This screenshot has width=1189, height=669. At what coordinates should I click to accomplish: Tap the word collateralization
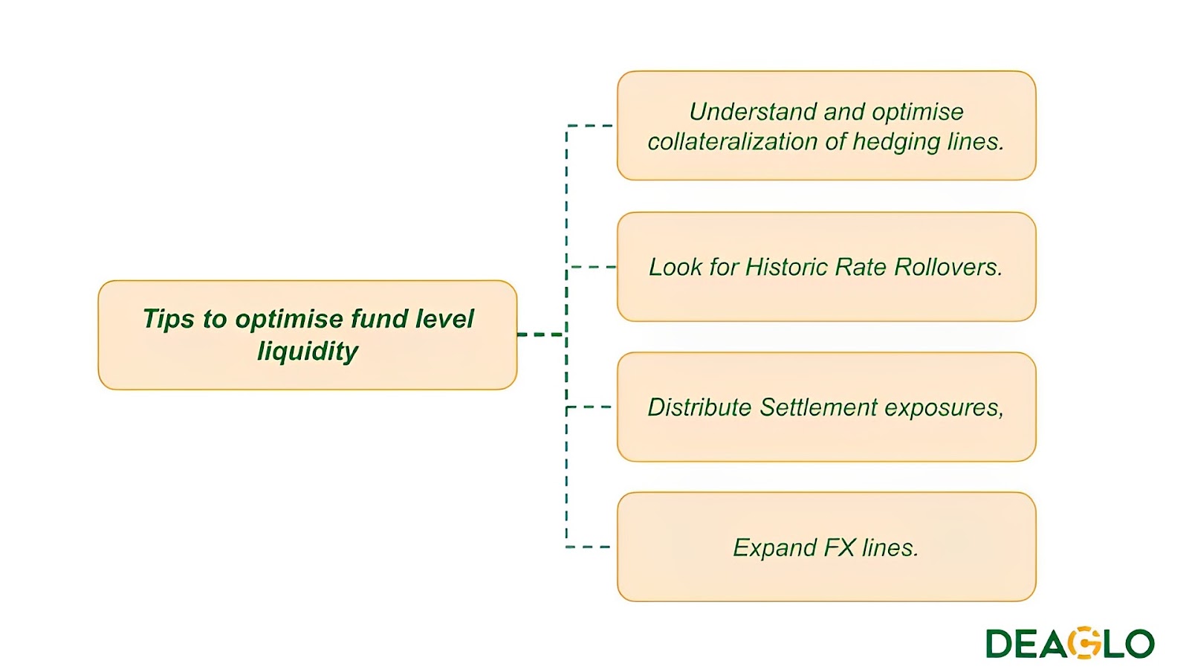[x=743, y=141]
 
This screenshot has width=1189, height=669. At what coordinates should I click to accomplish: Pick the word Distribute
[x=699, y=407]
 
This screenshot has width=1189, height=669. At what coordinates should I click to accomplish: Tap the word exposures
[x=944, y=407]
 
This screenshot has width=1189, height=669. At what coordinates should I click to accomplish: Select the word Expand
[x=774, y=548]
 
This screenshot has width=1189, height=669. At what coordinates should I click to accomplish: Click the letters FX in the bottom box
[x=840, y=548]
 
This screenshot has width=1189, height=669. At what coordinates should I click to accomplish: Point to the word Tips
[x=168, y=319]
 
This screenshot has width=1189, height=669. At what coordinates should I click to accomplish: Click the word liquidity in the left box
[x=308, y=351]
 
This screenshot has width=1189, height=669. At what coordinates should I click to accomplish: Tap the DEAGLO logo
[x=1069, y=644]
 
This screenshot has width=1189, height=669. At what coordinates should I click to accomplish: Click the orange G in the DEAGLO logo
[x=1087, y=644]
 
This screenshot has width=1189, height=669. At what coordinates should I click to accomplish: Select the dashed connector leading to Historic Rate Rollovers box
[x=593, y=267]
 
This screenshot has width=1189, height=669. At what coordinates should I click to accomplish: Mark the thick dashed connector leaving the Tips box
[x=541, y=334]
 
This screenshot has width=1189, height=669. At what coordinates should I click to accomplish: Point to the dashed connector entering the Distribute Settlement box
[x=590, y=407]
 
